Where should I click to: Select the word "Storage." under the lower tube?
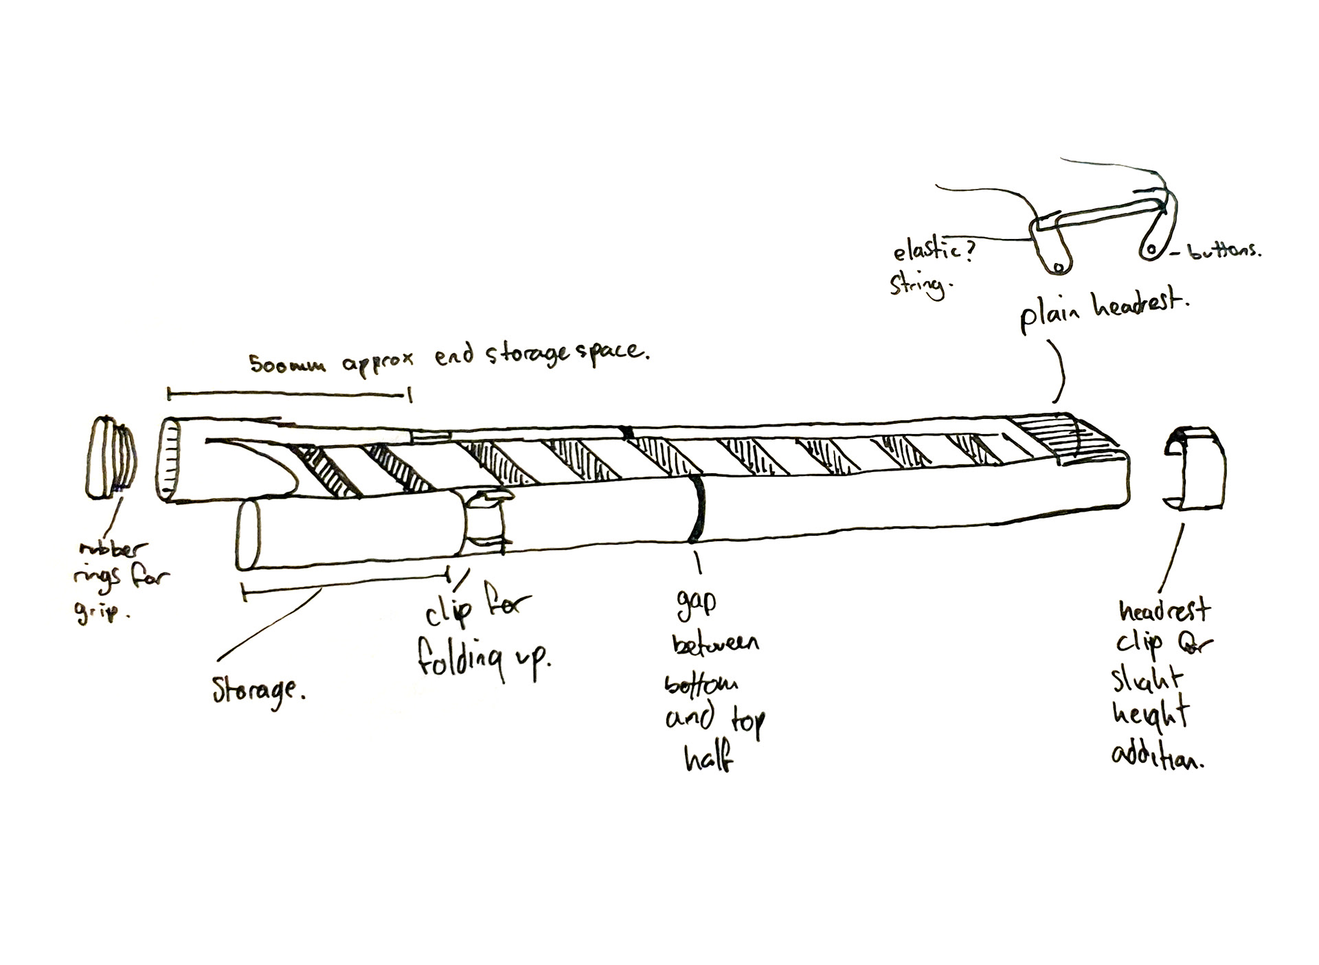[x=257, y=689]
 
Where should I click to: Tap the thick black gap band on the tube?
[x=697, y=508]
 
